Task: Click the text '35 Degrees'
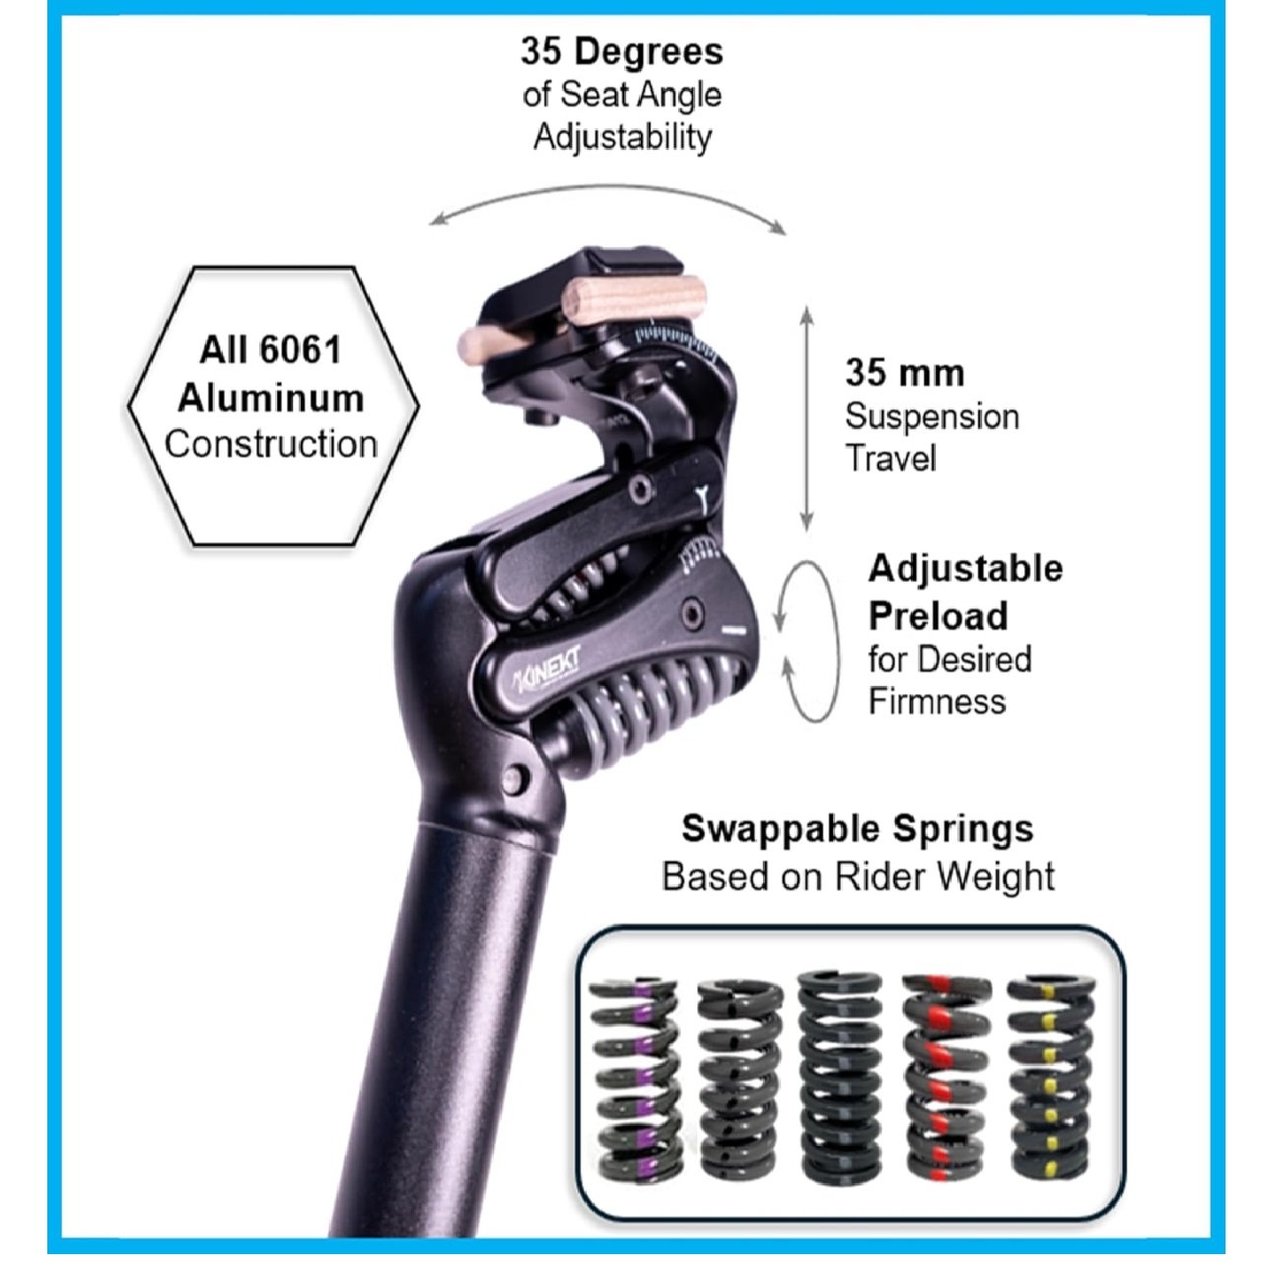click(x=622, y=51)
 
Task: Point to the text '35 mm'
click(x=904, y=374)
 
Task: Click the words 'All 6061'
click(x=270, y=350)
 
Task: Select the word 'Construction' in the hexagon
click(x=271, y=444)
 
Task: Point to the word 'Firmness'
click(x=937, y=701)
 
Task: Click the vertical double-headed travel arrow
click(x=806, y=418)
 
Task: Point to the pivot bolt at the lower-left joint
click(x=515, y=779)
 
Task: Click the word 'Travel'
click(x=890, y=457)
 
